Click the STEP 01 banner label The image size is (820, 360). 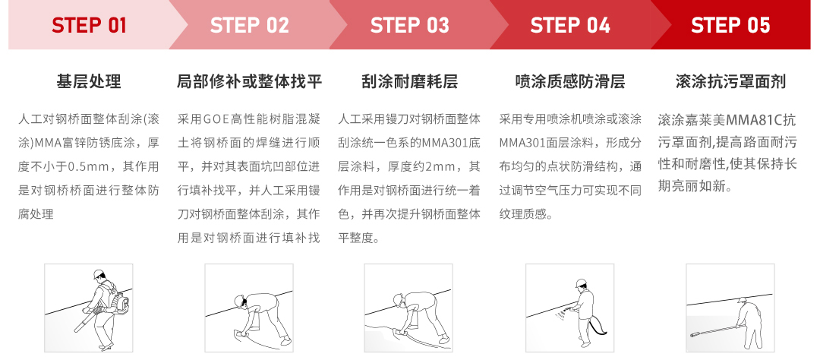click(89, 26)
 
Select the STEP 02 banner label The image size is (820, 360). click(249, 26)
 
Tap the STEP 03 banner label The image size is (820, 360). click(409, 26)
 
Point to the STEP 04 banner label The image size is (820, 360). click(569, 26)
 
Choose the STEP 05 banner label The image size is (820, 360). click(730, 26)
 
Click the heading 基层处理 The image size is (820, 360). click(89, 81)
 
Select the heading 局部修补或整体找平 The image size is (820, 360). click(249, 81)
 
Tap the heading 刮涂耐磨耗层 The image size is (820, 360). click(409, 81)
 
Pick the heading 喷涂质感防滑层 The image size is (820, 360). click(569, 81)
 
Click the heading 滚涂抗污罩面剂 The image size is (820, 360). click(730, 81)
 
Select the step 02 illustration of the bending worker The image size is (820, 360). click(249, 308)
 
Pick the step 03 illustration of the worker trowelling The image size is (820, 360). click(409, 308)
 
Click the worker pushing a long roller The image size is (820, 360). click(730, 308)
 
